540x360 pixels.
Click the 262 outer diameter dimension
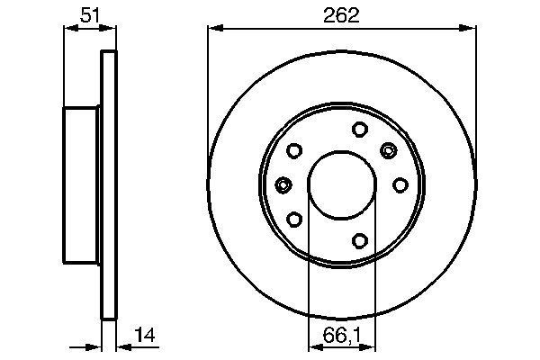[342, 14]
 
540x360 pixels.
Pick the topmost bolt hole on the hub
[358, 129]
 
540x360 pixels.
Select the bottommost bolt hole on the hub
[358, 239]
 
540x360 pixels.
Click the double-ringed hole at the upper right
[389, 149]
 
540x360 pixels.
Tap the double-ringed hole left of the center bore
[283, 184]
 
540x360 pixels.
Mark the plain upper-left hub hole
[295, 151]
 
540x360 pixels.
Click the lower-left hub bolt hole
[295, 218]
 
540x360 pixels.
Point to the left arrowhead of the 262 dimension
[212, 28]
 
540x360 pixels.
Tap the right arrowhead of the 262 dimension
[472, 28]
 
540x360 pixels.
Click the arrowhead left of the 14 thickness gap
[95, 346]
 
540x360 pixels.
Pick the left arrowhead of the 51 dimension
[67, 28]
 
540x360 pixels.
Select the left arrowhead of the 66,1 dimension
[313, 346]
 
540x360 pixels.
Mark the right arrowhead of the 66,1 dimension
[371, 346]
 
